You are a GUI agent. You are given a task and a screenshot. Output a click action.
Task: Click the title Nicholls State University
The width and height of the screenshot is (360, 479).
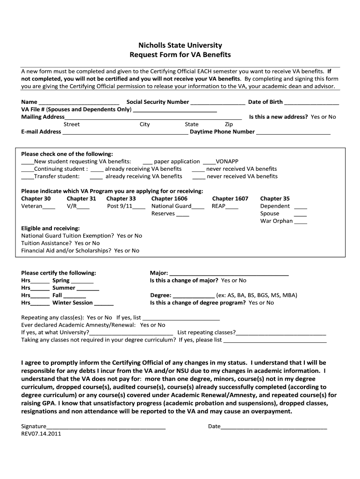point(180,45)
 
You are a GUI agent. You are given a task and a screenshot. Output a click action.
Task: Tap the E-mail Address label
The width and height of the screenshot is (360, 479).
point(41,132)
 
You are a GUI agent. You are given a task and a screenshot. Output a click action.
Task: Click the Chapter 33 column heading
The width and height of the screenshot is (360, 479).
point(121,199)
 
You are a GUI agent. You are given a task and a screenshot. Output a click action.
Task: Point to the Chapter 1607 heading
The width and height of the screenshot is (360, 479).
point(230,199)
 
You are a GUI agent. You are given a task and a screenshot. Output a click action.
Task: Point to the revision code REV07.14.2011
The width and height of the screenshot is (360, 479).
point(41,434)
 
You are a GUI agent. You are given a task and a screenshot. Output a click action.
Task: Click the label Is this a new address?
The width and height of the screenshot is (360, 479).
point(278,117)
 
